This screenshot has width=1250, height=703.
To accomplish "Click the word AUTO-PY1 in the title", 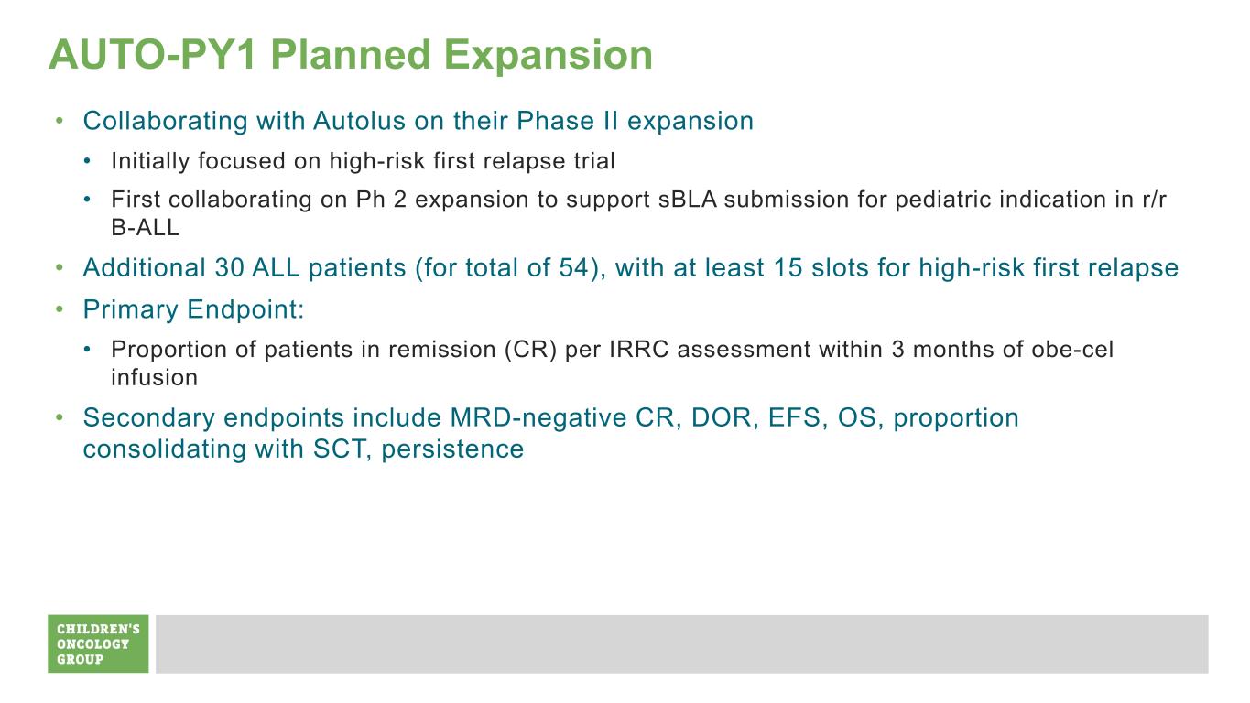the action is click(x=153, y=55).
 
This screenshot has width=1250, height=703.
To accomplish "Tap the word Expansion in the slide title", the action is click(x=548, y=57).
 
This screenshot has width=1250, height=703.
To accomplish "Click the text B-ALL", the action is click(x=145, y=228).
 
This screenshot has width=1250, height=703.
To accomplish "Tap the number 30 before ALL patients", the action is click(x=229, y=268).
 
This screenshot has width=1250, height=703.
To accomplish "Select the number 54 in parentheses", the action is click(x=574, y=268).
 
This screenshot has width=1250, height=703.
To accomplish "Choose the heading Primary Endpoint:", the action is click(x=193, y=309).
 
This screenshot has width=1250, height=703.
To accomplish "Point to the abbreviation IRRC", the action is click(x=638, y=350).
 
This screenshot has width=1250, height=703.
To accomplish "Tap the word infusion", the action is click(x=155, y=378).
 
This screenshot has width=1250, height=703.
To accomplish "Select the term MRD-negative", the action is click(x=538, y=418).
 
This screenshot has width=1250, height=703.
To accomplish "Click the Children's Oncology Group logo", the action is click(x=98, y=644).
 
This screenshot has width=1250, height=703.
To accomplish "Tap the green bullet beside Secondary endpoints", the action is click(x=60, y=417).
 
